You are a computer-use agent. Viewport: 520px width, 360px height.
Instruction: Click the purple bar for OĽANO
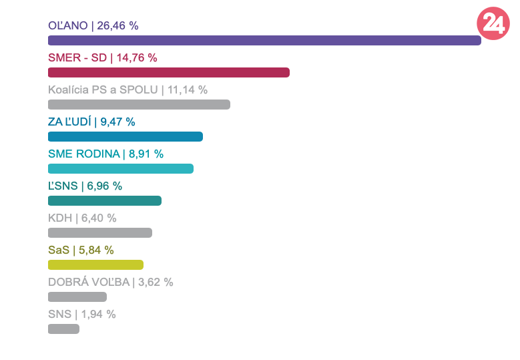264,41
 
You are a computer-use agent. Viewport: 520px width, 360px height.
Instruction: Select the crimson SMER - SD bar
169,73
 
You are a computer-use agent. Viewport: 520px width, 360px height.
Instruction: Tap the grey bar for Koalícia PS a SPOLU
139,105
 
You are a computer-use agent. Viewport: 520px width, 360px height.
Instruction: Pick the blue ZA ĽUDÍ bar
125,137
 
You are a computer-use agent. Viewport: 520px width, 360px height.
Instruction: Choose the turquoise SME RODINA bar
121,169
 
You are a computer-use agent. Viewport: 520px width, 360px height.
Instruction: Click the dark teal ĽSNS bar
105,201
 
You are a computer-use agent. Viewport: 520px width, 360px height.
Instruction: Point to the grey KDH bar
100,233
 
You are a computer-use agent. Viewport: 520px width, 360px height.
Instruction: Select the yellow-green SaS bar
95,265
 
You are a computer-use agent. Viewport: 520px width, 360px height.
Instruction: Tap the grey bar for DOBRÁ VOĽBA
77,297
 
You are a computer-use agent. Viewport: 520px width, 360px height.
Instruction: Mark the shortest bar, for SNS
63,329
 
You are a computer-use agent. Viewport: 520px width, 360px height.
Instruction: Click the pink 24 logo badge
493,24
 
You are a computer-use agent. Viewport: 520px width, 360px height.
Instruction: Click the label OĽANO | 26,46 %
93,26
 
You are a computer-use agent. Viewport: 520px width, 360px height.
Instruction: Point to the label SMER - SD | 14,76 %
103,58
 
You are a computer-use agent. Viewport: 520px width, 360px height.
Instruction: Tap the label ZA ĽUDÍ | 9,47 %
91,122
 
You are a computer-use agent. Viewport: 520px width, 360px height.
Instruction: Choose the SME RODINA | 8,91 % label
105,154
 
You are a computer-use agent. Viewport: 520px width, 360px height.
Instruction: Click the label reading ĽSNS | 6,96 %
85,186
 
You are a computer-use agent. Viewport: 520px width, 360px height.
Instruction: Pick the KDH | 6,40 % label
82,218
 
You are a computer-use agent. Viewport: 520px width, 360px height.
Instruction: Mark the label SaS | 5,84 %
81,250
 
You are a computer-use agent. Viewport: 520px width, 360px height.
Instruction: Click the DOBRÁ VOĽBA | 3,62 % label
111,283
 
